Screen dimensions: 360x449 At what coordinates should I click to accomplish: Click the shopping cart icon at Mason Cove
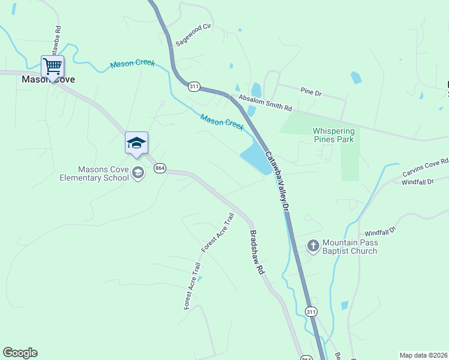click(53, 65)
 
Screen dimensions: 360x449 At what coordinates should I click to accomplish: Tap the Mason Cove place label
click(48, 79)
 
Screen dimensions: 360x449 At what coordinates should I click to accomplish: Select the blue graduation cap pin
click(136, 143)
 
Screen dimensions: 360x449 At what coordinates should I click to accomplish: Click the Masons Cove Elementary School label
click(94, 173)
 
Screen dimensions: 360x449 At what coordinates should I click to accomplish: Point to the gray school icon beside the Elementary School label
click(138, 173)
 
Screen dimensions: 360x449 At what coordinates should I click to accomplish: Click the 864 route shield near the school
click(159, 169)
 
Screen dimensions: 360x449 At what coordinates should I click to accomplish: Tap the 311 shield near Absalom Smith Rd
click(193, 86)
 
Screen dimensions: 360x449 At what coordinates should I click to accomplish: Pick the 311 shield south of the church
click(310, 312)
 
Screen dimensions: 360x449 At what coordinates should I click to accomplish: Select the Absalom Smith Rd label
click(265, 103)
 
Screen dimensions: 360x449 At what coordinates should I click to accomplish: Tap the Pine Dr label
click(312, 92)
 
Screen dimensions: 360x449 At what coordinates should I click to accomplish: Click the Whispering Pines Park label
click(333, 135)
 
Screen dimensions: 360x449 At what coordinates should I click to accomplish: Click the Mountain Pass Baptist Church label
click(349, 247)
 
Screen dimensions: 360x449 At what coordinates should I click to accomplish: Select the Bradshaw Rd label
click(258, 253)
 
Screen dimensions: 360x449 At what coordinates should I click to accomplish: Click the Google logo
click(20, 353)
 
